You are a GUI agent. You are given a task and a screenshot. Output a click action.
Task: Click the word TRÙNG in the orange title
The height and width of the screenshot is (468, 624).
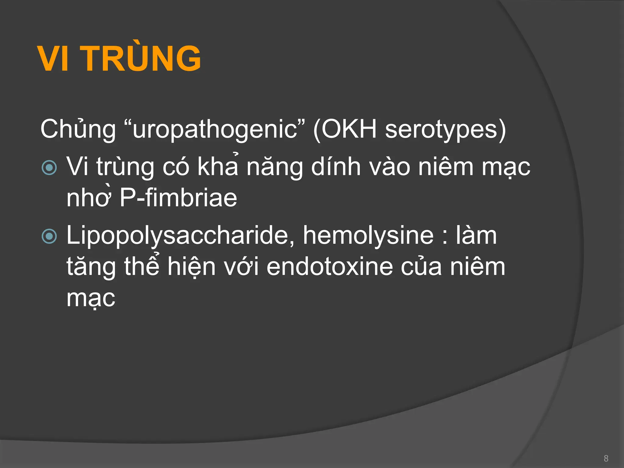point(142,58)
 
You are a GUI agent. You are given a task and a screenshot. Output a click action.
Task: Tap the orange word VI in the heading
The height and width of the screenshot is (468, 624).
point(53,58)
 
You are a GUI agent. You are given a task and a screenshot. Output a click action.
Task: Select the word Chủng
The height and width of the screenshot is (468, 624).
point(78,129)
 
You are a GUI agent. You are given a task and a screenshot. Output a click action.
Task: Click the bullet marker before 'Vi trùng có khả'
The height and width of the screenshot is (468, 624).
point(49,168)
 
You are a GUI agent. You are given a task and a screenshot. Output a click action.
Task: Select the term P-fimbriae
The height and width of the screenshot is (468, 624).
point(178,198)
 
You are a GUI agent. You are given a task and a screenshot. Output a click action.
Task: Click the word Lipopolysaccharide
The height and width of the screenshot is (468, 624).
point(177,236)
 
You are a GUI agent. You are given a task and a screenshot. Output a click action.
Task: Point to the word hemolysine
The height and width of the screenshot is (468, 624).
point(368,235)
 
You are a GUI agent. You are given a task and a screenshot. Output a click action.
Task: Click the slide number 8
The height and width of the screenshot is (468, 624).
point(606,458)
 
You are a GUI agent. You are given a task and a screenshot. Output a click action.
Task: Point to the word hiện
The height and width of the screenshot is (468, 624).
point(191,267)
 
